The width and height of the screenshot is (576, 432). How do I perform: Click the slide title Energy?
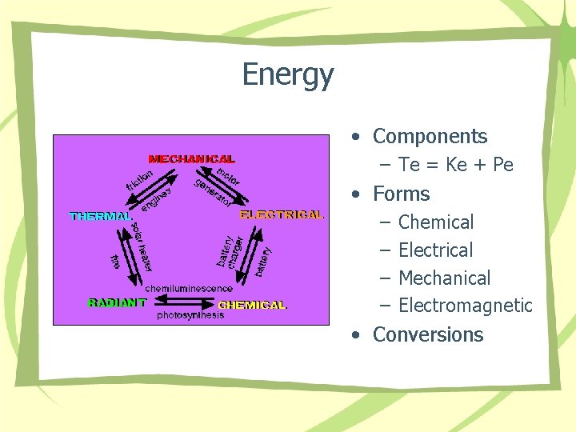click(287, 75)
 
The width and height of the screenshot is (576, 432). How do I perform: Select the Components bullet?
click(430, 137)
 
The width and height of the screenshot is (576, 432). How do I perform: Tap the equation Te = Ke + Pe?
click(456, 166)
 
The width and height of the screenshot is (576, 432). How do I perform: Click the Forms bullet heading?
click(401, 194)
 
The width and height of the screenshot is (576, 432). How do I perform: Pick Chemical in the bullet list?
click(436, 222)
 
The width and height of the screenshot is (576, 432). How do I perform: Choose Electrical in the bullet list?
click(435, 250)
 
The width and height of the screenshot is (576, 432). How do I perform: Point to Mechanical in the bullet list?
click(444, 278)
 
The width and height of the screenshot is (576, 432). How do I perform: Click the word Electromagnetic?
click(465, 306)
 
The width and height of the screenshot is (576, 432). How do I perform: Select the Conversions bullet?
click(428, 334)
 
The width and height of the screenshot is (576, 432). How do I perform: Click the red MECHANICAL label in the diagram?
click(191, 159)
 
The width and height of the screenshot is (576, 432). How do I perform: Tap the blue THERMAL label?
click(101, 216)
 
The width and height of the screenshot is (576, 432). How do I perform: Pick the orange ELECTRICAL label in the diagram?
click(282, 214)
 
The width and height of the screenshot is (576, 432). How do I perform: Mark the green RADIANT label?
click(117, 302)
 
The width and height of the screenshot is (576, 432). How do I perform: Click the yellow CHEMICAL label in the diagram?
click(252, 305)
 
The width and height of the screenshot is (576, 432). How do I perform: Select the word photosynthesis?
click(190, 315)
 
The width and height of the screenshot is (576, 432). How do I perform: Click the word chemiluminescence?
click(189, 288)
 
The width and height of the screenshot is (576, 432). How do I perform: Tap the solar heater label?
click(142, 247)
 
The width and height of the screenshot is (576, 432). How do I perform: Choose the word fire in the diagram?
click(115, 261)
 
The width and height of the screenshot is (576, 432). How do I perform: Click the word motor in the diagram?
click(228, 176)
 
